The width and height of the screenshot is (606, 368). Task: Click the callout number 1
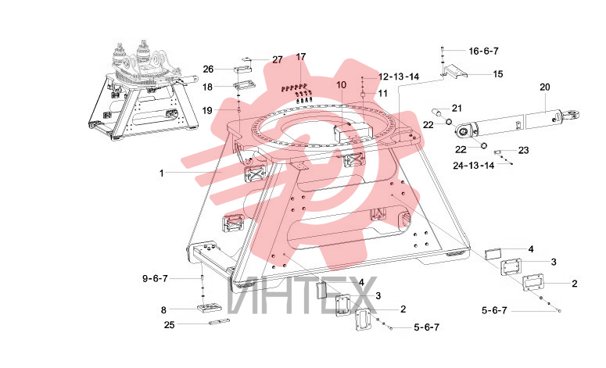click(162, 173)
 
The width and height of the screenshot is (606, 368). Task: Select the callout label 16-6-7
click(483, 51)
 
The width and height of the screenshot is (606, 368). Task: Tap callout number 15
click(498, 73)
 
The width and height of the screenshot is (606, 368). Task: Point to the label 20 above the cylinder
click(544, 88)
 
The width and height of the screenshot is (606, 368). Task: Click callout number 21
click(457, 109)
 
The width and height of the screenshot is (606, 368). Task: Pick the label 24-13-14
click(473, 166)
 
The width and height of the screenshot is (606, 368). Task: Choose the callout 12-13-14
click(399, 77)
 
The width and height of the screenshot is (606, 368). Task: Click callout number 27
click(278, 60)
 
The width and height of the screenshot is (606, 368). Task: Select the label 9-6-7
click(155, 278)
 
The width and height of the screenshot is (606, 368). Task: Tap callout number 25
click(169, 325)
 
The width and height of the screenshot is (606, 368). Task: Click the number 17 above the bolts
click(301, 57)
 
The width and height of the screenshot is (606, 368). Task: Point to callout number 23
click(523, 150)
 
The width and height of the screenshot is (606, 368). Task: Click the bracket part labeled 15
click(455, 72)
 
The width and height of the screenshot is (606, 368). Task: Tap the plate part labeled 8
click(209, 308)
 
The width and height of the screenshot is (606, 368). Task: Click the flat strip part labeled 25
click(219, 322)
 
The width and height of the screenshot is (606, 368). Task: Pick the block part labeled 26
click(242, 70)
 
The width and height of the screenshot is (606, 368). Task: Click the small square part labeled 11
click(363, 95)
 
